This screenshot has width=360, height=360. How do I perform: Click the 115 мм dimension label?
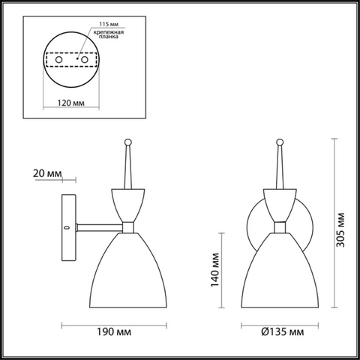[109, 24]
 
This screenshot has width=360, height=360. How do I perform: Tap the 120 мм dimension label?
[71, 103]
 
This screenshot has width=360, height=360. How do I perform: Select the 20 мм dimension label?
[47, 173]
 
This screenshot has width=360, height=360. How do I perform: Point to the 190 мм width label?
[114, 331]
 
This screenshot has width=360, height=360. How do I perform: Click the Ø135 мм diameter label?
[283, 331]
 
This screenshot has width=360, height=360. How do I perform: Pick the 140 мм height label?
[215, 270]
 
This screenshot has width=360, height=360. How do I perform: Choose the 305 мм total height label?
[340, 230]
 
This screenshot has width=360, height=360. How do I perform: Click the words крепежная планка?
[109, 34]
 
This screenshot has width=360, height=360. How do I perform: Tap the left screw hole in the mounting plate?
[59, 60]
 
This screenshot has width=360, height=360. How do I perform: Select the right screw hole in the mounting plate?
[85, 60]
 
